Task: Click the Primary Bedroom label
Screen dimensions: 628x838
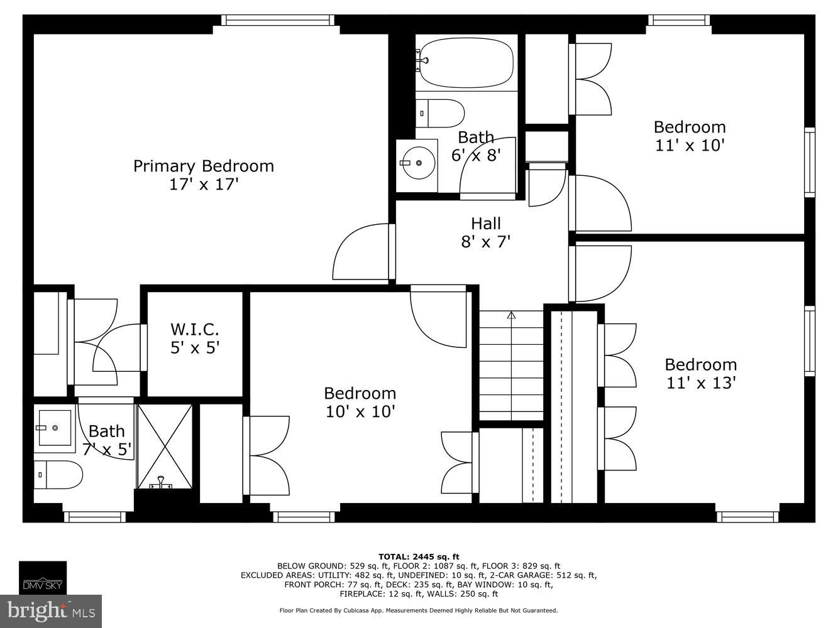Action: click(203, 166)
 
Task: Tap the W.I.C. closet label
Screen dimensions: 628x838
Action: click(194, 329)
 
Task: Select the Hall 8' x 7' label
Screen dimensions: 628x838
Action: click(486, 232)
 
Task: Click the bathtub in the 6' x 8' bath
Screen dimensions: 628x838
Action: click(466, 63)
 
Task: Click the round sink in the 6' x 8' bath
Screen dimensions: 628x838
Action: click(417, 163)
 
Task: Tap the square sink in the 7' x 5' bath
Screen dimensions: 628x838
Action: click(54, 428)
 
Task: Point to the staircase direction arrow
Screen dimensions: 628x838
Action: click(511, 316)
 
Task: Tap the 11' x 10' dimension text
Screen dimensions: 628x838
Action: click(690, 146)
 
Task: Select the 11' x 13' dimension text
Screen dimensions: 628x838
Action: click(700, 383)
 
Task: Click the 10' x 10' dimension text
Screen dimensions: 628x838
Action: click(360, 412)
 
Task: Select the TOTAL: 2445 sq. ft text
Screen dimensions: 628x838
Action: click(419, 556)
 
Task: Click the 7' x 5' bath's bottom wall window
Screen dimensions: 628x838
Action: click(95, 517)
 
